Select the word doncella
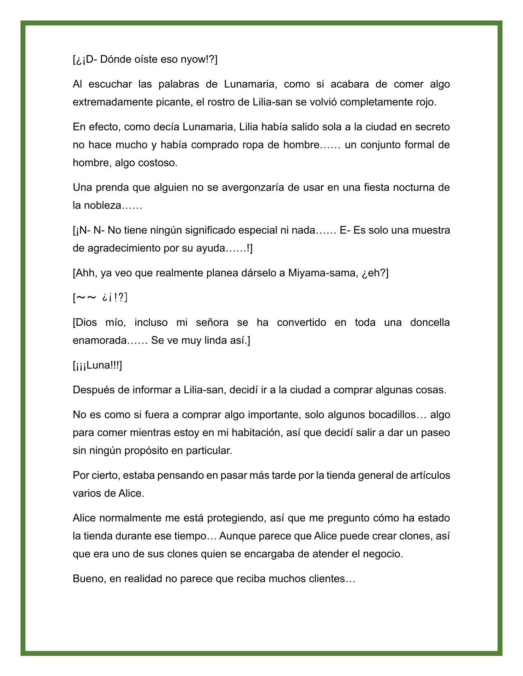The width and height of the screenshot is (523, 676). (x=429, y=323)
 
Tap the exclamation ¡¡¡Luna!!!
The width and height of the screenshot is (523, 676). (x=97, y=365)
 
